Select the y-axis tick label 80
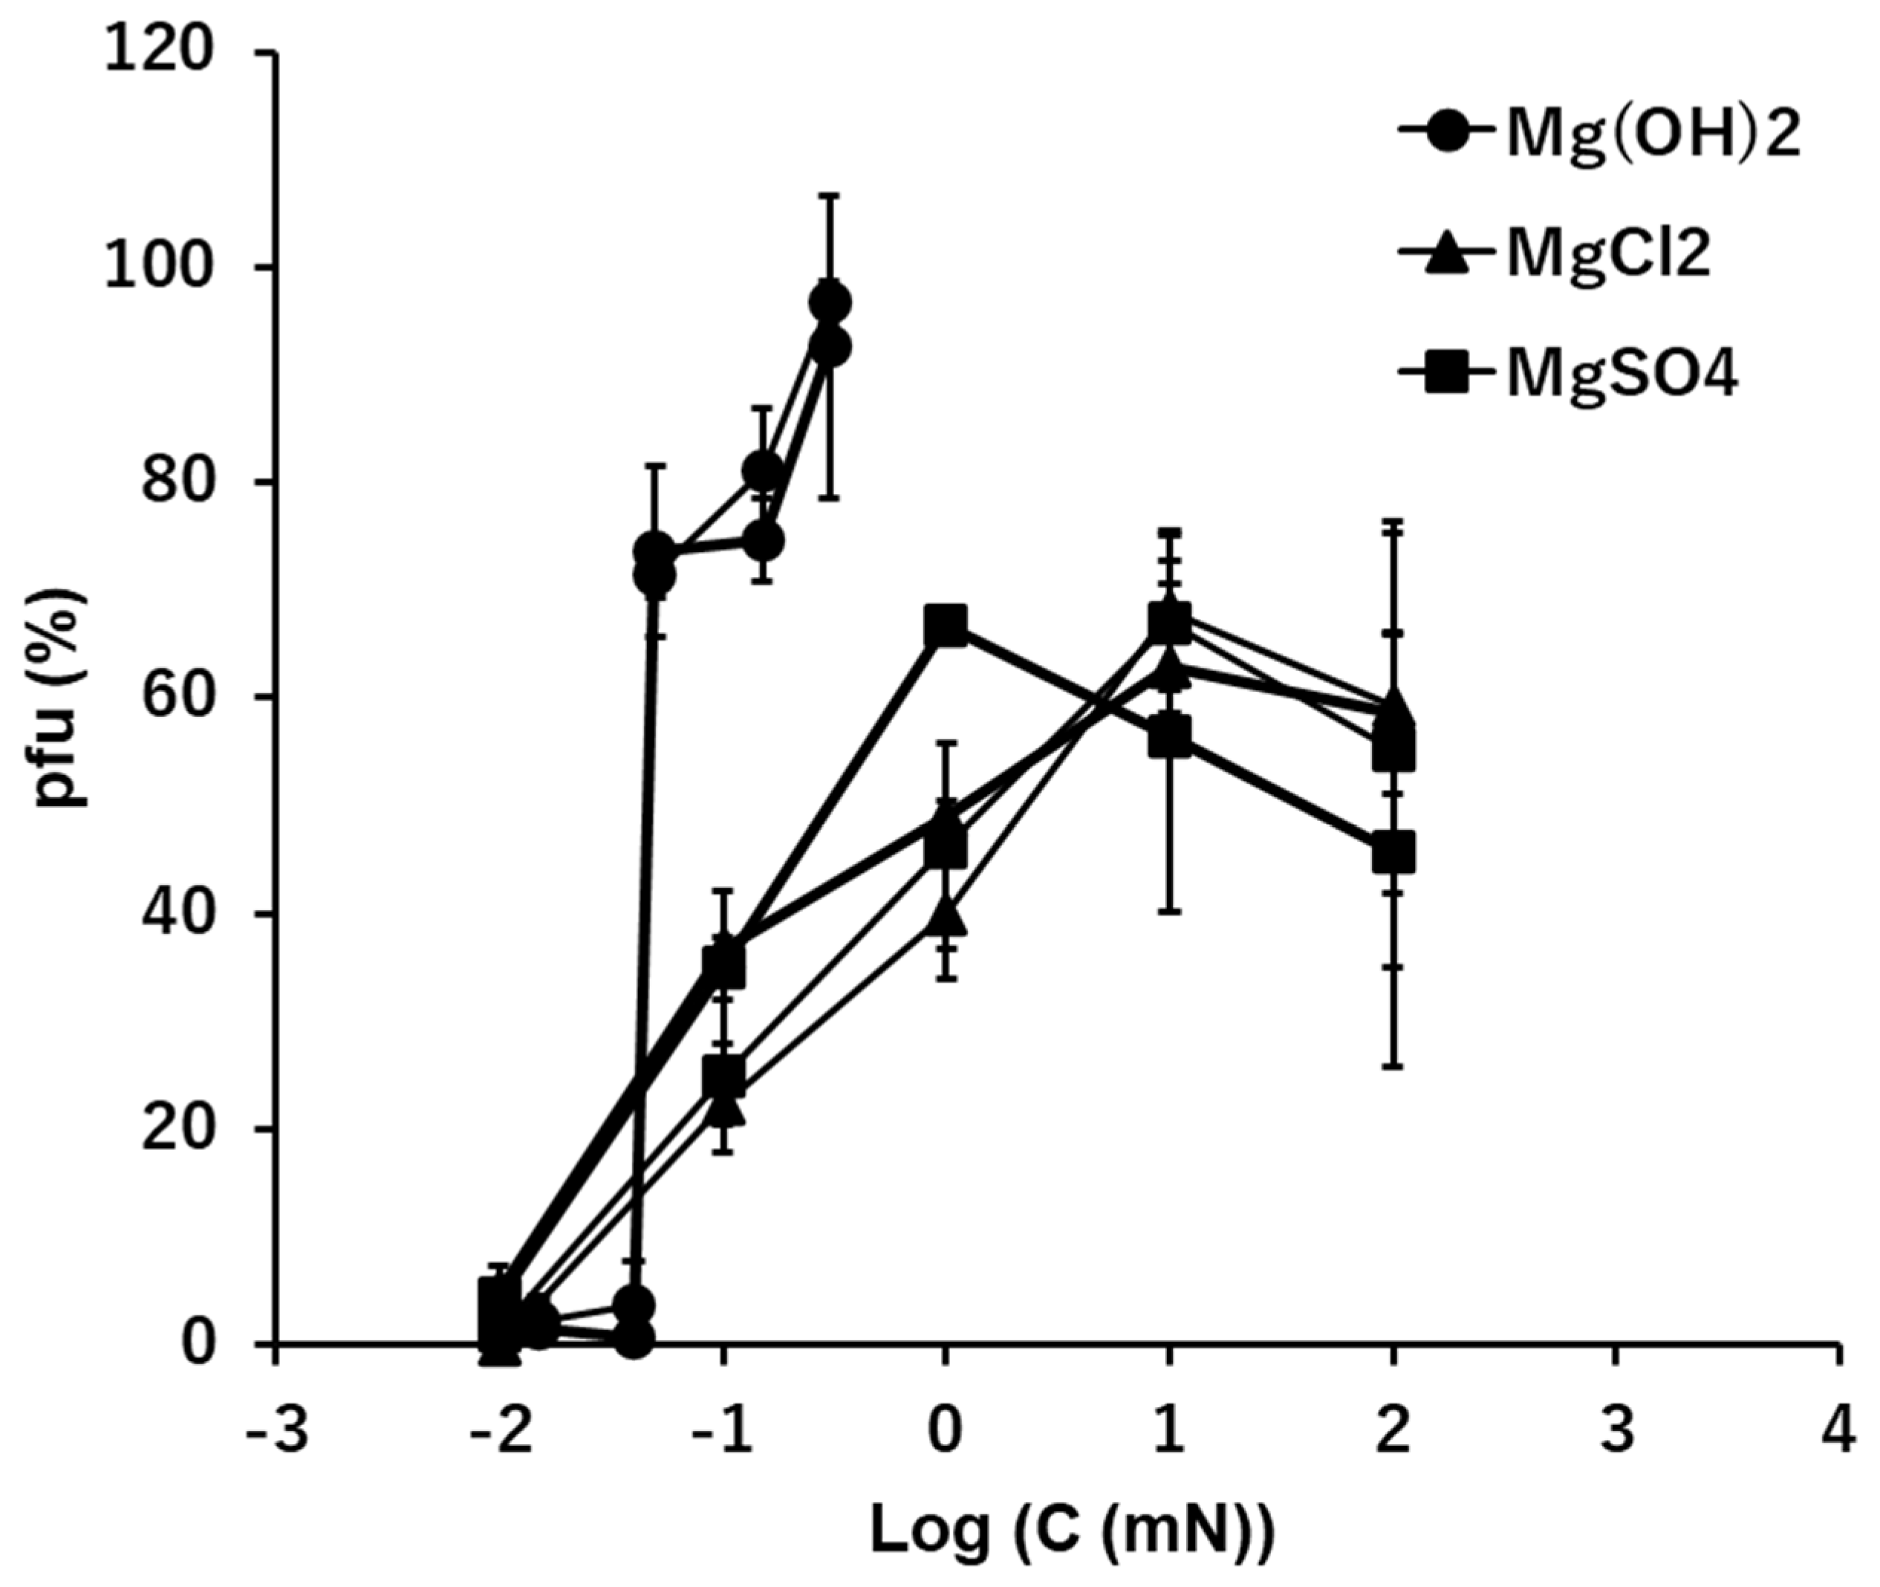(x=178, y=484)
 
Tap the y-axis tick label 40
(x=178, y=915)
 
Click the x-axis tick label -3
(x=278, y=1430)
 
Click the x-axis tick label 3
(x=1617, y=1430)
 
